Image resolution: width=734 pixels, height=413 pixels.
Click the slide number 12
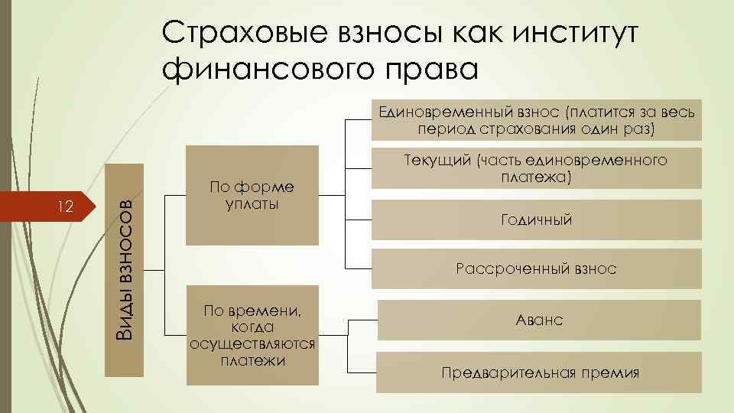[x=66, y=206]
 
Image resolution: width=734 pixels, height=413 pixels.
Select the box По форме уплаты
[x=252, y=195]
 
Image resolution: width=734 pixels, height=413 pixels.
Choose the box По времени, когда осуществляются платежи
[x=252, y=335]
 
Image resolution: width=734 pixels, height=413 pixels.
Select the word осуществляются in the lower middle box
[x=252, y=344]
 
